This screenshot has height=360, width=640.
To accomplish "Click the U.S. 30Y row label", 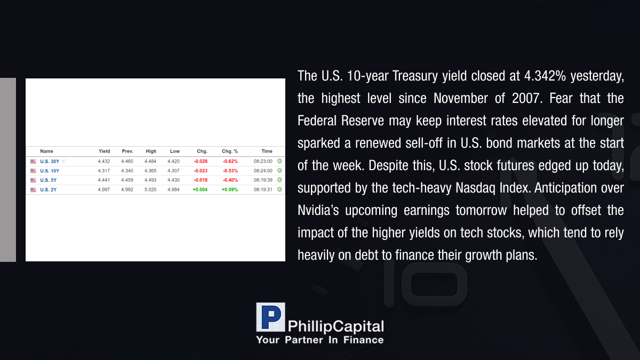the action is (x=50, y=162).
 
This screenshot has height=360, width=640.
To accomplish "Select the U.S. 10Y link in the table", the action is (x=50, y=171).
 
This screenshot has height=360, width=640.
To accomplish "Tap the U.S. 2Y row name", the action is (x=49, y=190).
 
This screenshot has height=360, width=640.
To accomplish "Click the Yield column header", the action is (x=105, y=151).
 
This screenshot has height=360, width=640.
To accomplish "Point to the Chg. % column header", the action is (x=230, y=151).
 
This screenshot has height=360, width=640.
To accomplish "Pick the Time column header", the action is (x=267, y=151).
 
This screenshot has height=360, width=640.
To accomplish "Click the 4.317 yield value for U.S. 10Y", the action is (x=103, y=171).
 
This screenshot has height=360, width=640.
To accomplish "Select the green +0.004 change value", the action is (x=200, y=190).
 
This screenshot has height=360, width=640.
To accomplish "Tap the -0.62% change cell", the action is (x=230, y=162).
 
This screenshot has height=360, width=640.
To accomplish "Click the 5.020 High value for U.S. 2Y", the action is (x=150, y=190).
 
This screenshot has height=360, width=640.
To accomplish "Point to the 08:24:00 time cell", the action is (x=263, y=171).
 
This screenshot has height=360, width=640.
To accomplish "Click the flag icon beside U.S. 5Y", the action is (x=33, y=180).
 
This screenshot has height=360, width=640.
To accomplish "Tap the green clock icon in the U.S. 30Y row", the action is (x=279, y=161).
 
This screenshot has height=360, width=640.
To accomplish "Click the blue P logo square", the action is (x=270, y=317).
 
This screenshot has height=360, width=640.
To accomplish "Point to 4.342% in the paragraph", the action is (x=545, y=76).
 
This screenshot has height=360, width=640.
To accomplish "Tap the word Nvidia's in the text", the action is (x=318, y=210).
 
